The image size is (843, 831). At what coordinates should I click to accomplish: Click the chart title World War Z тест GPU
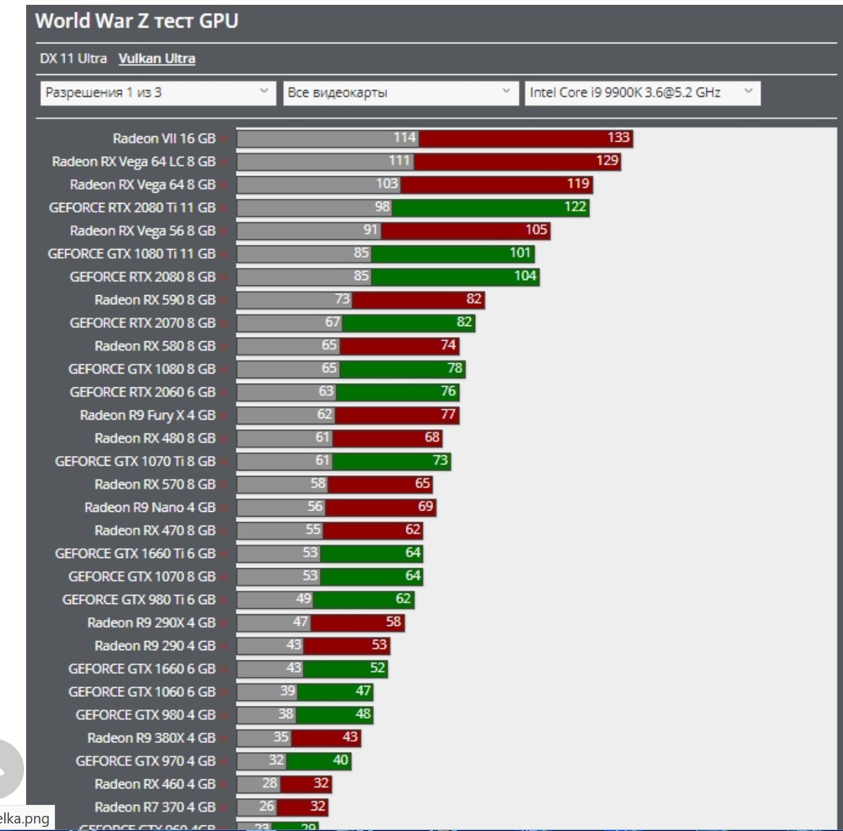[x=136, y=21]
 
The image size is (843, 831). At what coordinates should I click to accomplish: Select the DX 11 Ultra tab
[x=73, y=58]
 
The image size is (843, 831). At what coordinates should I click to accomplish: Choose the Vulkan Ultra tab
[x=157, y=58]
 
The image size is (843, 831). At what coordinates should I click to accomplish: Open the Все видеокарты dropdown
[x=399, y=93]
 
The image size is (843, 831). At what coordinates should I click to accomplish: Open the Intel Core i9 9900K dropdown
[x=642, y=93]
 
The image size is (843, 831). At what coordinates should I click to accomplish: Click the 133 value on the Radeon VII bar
[x=618, y=138]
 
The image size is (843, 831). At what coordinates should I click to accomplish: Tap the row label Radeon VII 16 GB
[x=164, y=138]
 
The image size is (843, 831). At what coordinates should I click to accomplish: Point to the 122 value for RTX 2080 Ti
[x=575, y=206]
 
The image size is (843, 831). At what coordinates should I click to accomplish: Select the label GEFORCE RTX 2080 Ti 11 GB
[x=132, y=208]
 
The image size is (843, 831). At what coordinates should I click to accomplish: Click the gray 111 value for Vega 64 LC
[x=399, y=160]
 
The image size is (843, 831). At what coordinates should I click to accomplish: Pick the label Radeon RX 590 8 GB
[x=155, y=300]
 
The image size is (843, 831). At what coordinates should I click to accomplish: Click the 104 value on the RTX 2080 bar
[x=525, y=276]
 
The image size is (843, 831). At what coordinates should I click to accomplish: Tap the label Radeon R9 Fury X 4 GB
[x=147, y=415]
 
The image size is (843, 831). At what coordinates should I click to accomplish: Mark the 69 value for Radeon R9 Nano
[x=426, y=506]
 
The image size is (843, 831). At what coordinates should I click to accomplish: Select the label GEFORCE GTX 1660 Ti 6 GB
[x=135, y=554]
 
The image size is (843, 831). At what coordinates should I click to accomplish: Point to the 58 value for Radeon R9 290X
[x=393, y=622]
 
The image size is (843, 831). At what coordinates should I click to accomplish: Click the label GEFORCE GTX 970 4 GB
[x=145, y=761]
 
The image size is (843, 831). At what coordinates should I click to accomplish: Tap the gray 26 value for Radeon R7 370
[x=267, y=806]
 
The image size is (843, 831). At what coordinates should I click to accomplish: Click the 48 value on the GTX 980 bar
[x=363, y=714]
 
